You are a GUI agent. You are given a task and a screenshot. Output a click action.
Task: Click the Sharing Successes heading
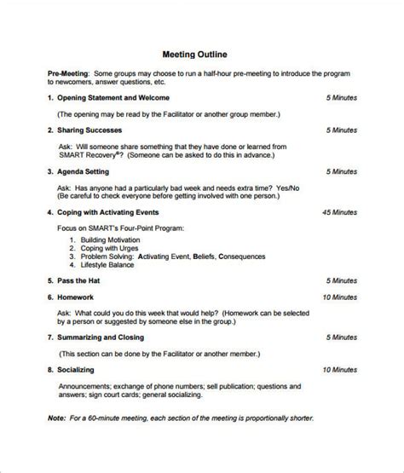89,130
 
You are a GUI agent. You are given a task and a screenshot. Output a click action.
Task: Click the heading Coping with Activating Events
119,211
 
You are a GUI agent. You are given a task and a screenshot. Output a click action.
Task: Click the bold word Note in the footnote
56,418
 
